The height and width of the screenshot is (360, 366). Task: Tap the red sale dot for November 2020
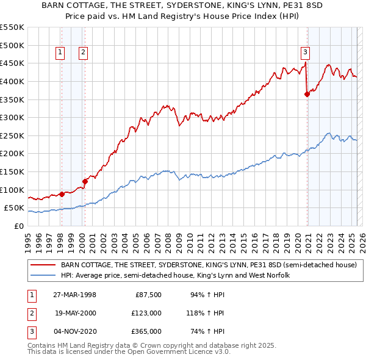click(x=307, y=94)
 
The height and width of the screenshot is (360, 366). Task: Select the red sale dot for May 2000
click(x=85, y=181)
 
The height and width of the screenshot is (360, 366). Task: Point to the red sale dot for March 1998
click(x=62, y=194)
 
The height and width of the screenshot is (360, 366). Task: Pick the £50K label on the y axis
click(x=13, y=208)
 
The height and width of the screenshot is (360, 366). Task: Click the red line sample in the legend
click(x=43, y=265)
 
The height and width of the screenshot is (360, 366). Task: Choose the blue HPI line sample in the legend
click(x=43, y=276)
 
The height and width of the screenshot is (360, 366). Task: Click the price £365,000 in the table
click(x=147, y=332)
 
